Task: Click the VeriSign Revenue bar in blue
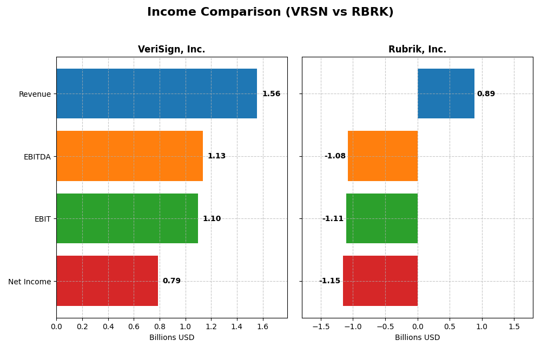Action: tap(156, 94)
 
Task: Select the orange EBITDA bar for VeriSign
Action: tap(129, 156)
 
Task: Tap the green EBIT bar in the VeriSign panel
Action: tap(127, 218)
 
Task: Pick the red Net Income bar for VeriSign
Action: tap(107, 281)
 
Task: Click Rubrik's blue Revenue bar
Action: tap(446, 94)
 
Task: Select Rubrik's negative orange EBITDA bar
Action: tap(382, 156)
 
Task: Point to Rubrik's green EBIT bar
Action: tap(382, 218)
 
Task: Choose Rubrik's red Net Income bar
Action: tap(380, 281)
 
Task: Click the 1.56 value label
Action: tap(271, 94)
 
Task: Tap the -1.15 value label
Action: tap(329, 281)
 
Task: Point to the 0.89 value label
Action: tap(486, 94)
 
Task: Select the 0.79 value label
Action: tap(171, 281)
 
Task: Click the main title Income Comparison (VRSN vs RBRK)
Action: tap(270, 12)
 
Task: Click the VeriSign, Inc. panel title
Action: tap(171, 50)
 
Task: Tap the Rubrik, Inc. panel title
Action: tap(417, 50)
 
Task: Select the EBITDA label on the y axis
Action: tap(37, 157)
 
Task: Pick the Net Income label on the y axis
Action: tap(29, 282)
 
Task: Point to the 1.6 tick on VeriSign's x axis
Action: tap(262, 327)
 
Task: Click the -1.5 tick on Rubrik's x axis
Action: tap(321, 327)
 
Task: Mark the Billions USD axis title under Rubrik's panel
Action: tap(417, 338)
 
